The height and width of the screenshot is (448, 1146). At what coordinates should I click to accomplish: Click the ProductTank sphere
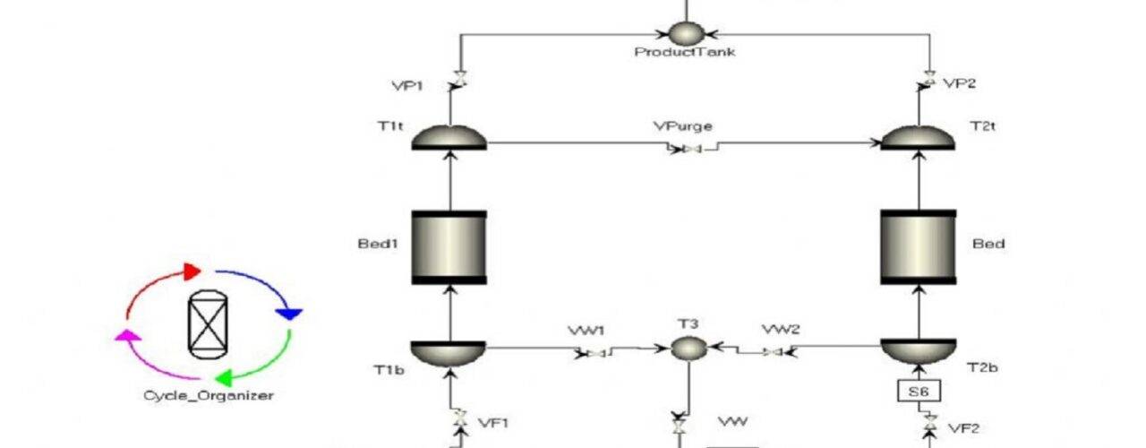[686, 33]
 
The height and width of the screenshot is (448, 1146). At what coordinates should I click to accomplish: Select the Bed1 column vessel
[449, 247]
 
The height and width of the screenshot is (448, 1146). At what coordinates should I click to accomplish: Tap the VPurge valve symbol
[692, 149]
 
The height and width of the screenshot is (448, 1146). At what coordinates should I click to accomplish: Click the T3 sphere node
[688, 349]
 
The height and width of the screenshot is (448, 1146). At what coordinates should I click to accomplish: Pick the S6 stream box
[919, 392]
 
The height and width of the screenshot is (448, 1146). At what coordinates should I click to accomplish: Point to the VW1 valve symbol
[595, 353]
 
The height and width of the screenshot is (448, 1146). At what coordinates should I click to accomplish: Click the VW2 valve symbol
[773, 352]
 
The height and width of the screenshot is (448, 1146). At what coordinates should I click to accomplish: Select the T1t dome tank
[449, 137]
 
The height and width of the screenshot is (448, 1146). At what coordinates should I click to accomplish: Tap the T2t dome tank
[919, 137]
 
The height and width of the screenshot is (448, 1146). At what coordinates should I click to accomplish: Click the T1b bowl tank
[449, 353]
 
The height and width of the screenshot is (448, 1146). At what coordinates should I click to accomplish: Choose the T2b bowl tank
[919, 352]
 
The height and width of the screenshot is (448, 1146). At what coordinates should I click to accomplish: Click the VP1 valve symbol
[460, 80]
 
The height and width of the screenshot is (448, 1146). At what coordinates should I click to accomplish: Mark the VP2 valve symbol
[930, 80]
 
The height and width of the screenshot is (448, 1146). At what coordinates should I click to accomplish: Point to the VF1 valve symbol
[460, 418]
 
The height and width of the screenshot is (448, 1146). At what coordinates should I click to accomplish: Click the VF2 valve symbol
[930, 423]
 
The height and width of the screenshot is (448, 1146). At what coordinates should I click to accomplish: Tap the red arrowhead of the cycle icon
[192, 271]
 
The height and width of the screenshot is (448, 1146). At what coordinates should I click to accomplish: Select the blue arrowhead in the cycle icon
[289, 314]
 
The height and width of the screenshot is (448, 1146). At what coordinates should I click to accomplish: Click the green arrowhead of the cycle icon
[224, 378]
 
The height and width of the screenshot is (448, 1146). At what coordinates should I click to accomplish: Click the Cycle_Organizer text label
[209, 396]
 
